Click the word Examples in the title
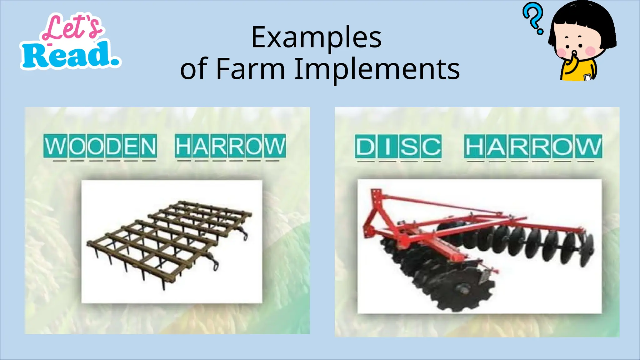point(316,38)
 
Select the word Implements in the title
point(377,69)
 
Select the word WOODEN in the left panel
point(100,146)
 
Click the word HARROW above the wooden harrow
point(230,146)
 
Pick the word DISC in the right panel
point(398,146)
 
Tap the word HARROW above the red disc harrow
point(533,146)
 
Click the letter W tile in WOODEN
point(56,146)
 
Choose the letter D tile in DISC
point(365,146)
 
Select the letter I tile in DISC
point(387,146)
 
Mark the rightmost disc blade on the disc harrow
point(587,250)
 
